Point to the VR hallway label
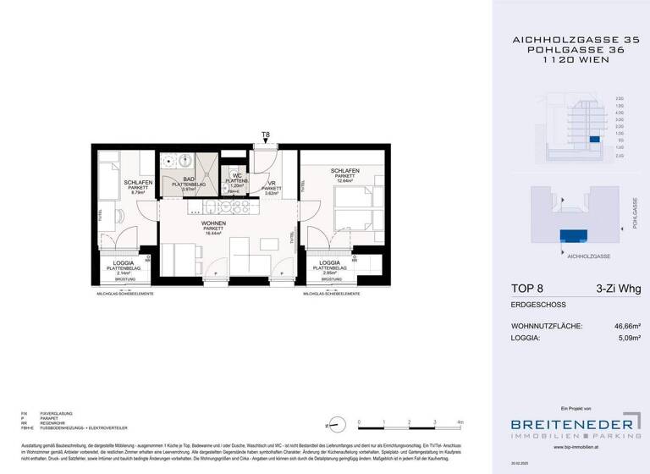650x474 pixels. point(272,184)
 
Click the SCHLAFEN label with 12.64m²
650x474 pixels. point(344,171)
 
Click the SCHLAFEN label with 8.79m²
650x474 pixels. point(138,183)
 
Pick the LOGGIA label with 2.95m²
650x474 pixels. point(331,263)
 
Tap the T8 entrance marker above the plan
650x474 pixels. point(265,135)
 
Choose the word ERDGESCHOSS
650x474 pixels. point(537,305)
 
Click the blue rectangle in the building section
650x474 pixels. point(594,139)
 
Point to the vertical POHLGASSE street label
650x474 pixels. point(634,213)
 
